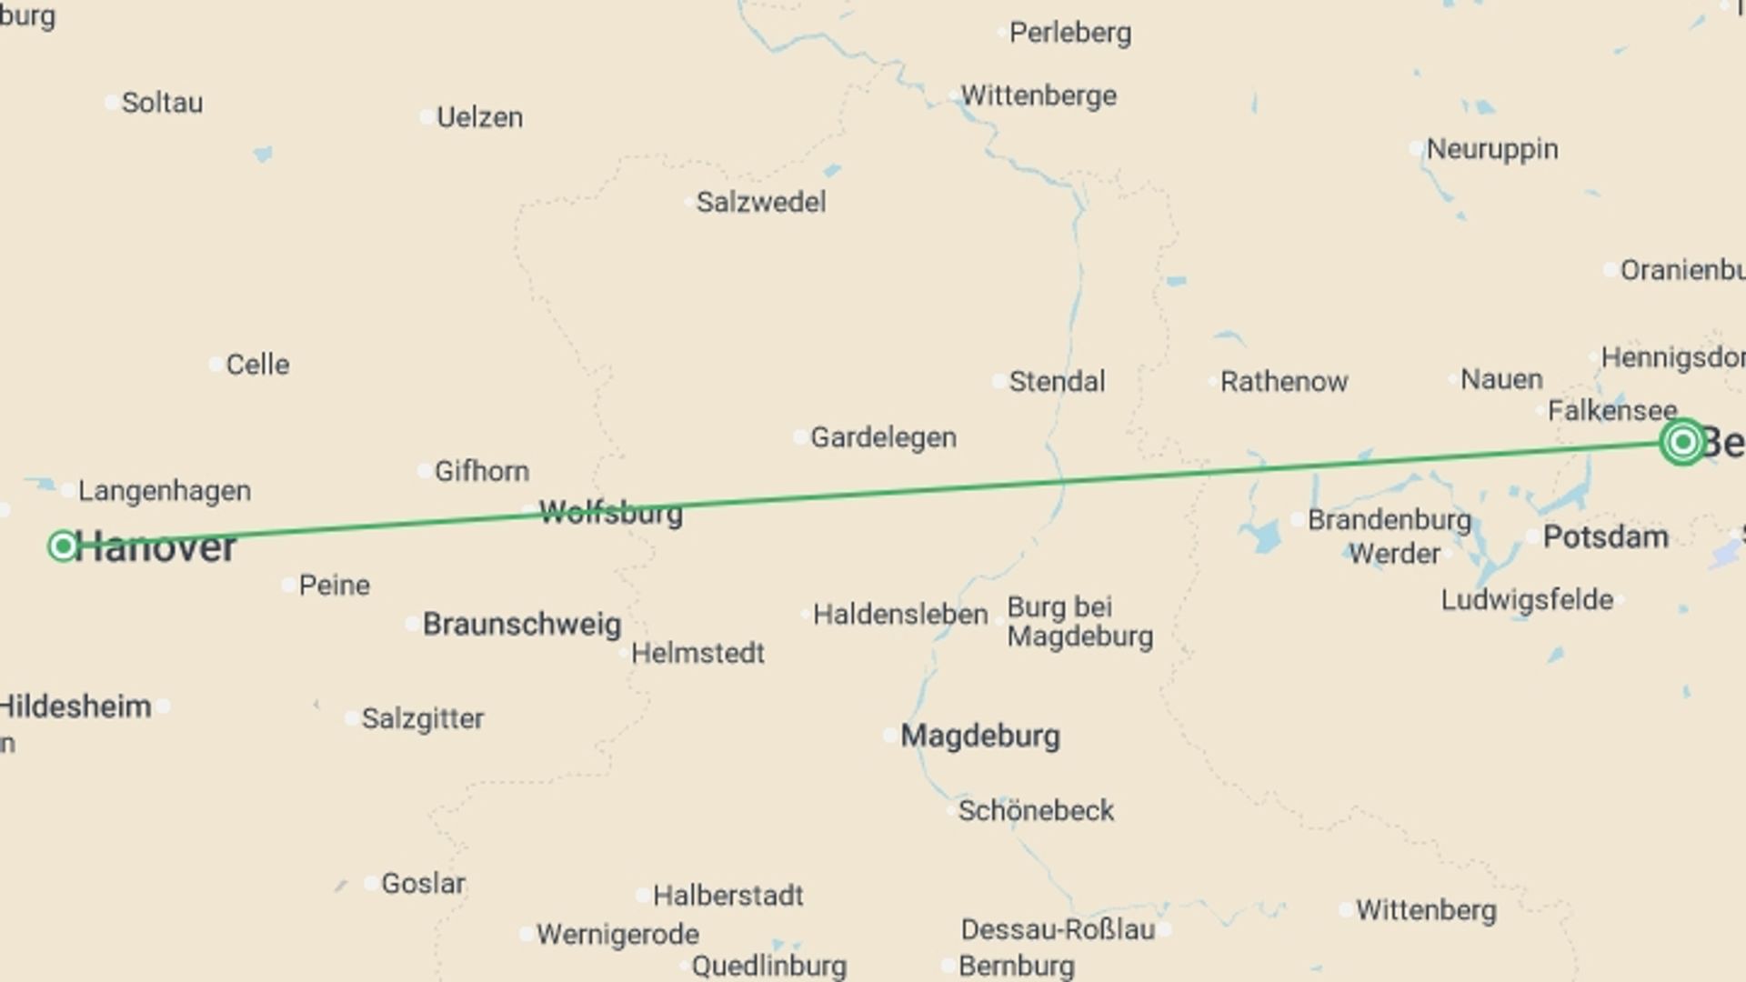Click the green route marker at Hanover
coord(63,546)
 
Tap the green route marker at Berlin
coord(1682,442)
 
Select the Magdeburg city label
coord(979,736)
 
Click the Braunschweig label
coord(521,625)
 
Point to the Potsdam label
coord(1605,536)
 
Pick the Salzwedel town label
coord(760,202)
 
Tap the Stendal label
coord(1057,381)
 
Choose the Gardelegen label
coord(883,437)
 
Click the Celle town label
coord(257,365)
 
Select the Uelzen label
coord(479,117)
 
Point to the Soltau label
coord(162,103)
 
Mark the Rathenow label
coord(1283,382)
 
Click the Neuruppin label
coord(1491,149)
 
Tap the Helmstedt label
coord(697,653)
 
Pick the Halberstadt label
coord(727,896)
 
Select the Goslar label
coord(423,883)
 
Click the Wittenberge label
coord(1039,95)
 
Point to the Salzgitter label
coord(422,718)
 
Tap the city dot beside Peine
coord(288,585)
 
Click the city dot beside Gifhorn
coord(425,471)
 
